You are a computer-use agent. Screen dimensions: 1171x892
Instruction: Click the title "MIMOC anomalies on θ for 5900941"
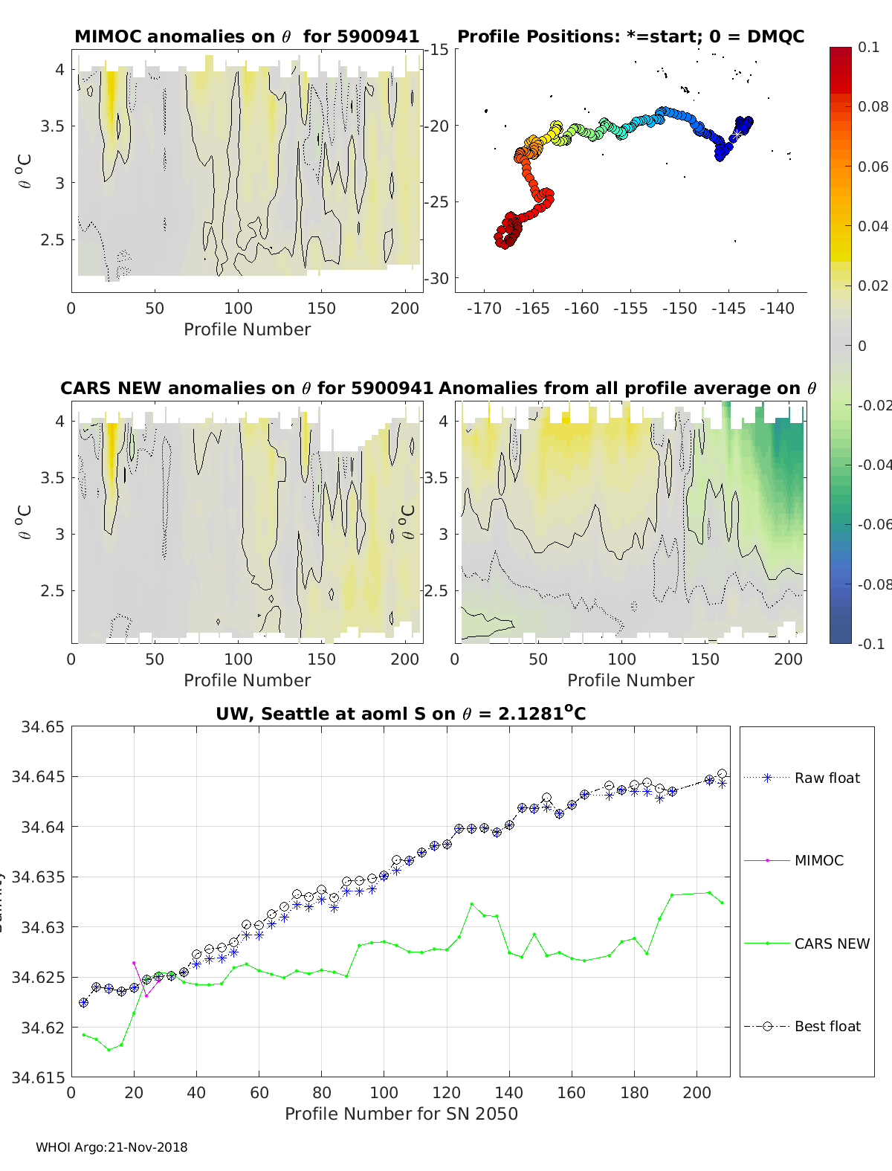tap(247, 36)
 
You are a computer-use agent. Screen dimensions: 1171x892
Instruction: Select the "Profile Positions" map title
tap(630, 36)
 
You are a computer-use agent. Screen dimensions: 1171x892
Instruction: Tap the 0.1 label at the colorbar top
tap(868, 47)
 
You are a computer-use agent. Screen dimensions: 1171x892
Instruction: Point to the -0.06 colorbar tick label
tap(873, 524)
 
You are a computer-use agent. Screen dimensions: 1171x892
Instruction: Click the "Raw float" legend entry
tap(827, 778)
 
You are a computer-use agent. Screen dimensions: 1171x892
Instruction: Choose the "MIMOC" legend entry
tap(818, 860)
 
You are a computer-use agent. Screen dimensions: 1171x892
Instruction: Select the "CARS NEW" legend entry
tap(832, 943)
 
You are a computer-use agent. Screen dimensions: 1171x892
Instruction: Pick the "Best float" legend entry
tap(827, 1026)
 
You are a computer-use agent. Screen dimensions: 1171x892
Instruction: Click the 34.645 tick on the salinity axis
tap(38, 777)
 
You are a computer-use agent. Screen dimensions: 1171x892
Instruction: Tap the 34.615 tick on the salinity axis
tap(38, 1077)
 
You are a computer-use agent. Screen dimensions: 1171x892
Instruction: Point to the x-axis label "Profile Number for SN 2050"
tap(401, 1114)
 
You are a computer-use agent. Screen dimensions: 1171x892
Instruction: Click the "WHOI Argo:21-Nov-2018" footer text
tap(111, 1147)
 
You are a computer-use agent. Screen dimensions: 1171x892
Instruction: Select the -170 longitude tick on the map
tap(484, 309)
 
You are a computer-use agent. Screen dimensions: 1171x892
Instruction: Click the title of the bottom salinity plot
tap(401, 714)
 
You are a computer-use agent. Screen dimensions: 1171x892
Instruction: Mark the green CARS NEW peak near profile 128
tap(471, 904)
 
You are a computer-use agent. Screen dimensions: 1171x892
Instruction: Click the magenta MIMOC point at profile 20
tap(134, 963)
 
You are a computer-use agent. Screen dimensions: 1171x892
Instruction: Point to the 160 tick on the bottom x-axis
tap(572, 1092)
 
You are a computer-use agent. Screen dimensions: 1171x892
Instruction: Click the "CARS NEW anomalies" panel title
tap(246, 388)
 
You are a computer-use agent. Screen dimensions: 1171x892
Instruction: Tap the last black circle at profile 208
tap(722, 774)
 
